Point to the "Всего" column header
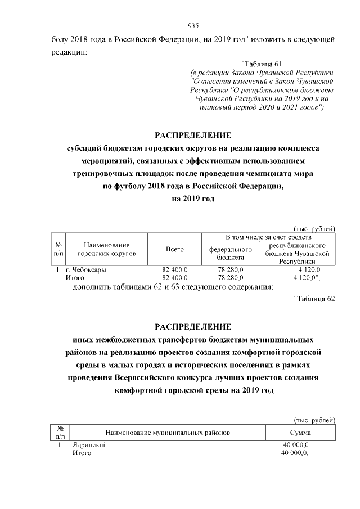pyautogui.click(x=175, y=249)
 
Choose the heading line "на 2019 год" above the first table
pyautogui.click(x=193, y=199)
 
